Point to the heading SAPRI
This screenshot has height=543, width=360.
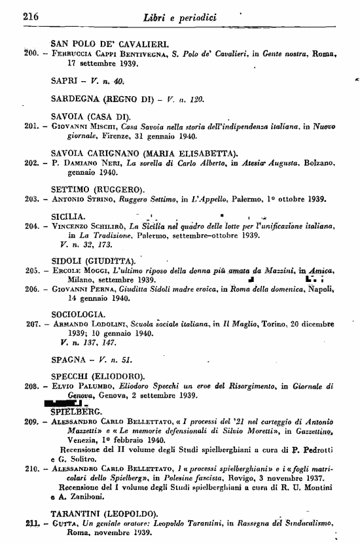pyautogui.click(x=65, y=82)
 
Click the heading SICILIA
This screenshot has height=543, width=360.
pyautogui.click(x=69, y=217)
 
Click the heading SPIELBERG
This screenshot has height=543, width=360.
pyautogui.click(x=77, y=412)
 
